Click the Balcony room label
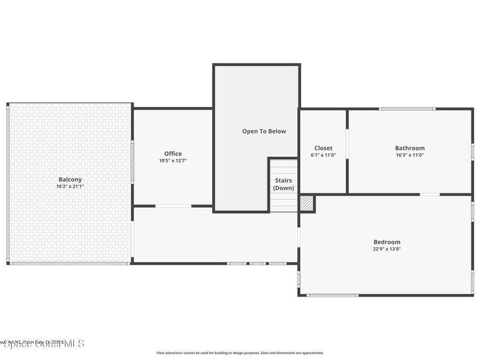point(70,179)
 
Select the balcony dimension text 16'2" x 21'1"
point(70,186)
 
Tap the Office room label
point(172,153)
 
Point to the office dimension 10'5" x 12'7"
point(172,160)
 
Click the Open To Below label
point(264,131)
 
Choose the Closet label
point(323,148)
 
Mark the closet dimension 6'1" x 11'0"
point(323,155)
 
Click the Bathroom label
point(410,148)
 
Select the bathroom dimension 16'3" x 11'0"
point(410,155)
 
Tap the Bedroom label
point(387,242)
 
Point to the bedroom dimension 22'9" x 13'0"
point(387,249)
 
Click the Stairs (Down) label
point(284,184)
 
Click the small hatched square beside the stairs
point(307,203)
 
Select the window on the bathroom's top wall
point(407,109)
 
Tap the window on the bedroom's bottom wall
point(332,295)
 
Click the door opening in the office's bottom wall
point(173,206)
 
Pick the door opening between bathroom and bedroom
point(429,194)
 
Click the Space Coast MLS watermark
point(42,344)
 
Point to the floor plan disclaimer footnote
point(240,353)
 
